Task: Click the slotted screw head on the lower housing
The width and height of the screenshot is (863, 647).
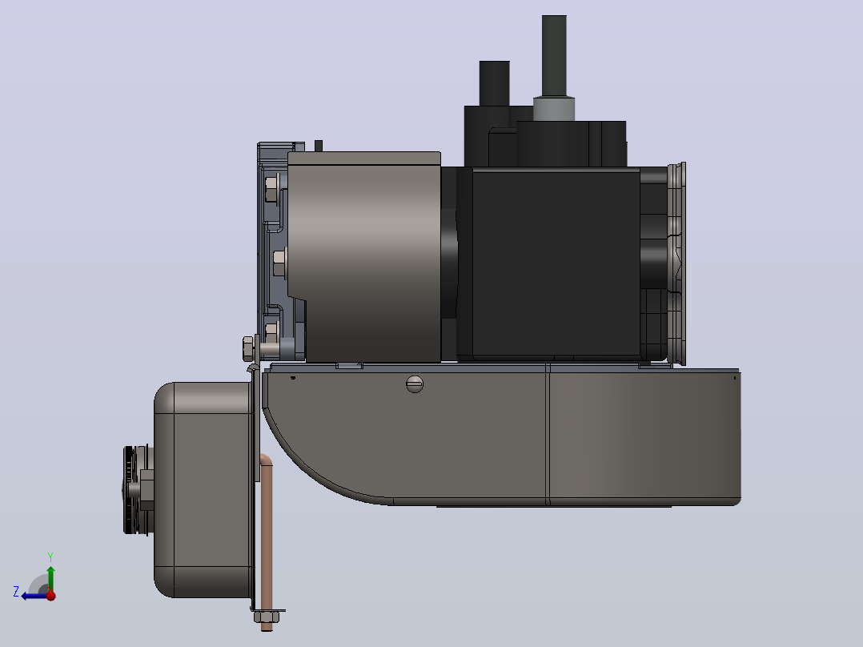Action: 415,384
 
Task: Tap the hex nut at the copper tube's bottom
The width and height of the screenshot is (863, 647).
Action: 267,616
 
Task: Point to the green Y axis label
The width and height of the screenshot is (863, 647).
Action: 50,557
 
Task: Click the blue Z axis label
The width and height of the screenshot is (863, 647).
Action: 16,592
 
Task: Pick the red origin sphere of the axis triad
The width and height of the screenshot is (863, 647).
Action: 51,595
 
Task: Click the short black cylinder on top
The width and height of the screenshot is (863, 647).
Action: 494,83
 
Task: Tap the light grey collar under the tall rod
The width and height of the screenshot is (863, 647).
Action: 554,108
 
